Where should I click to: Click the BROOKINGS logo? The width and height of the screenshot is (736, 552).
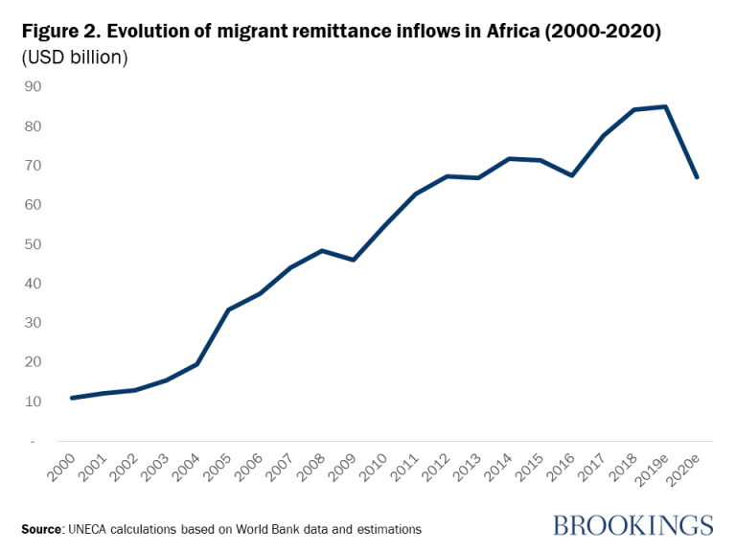(633, 525)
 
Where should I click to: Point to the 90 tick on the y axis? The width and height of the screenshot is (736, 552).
(34, 86)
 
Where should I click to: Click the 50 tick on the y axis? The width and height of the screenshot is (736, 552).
(34, 243)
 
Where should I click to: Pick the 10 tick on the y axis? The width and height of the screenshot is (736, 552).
(34, 401)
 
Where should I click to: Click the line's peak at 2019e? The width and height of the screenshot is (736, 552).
(665, 106)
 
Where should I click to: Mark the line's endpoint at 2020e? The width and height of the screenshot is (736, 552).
(697, 177)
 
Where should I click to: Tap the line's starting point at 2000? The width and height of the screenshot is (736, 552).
(72, 398)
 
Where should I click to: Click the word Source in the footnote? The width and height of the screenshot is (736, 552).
(42, 529)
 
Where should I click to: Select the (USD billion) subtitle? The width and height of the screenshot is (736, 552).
(75, 57)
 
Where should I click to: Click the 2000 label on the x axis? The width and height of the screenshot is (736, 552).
(61, 467)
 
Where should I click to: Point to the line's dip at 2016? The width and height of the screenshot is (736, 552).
(571, 175)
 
